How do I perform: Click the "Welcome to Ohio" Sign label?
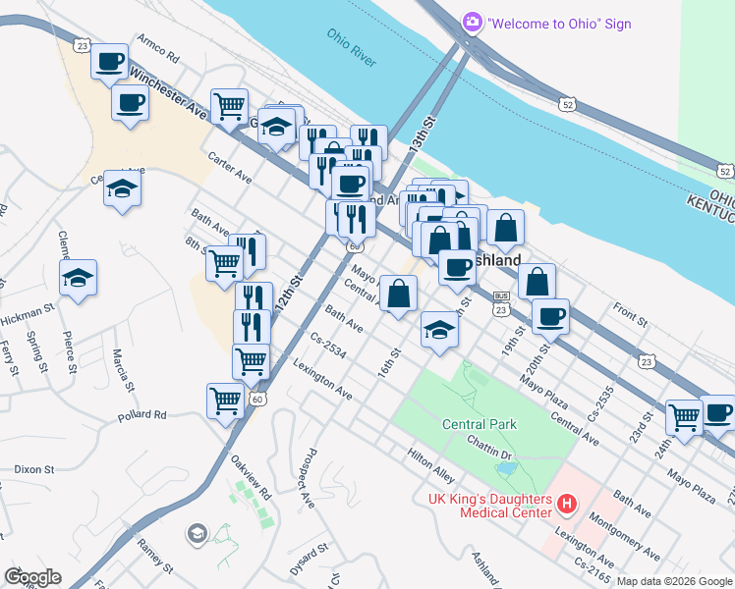559,23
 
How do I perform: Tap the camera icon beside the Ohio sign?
473,22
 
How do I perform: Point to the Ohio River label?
352,48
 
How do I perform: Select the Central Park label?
480,424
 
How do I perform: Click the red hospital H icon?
566,505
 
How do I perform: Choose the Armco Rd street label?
158,44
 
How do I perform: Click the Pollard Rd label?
142,415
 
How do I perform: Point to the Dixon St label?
33,469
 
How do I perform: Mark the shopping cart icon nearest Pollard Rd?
226,401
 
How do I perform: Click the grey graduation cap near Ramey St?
197,533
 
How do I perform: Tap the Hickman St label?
28,314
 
